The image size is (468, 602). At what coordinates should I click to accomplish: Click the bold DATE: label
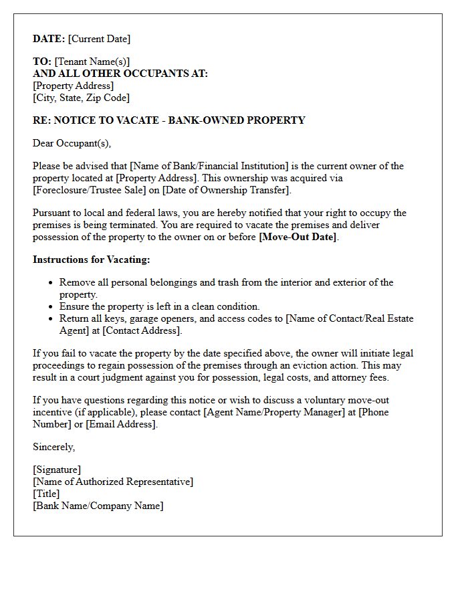point(49,39)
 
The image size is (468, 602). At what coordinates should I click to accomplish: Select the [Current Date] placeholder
point(99,39)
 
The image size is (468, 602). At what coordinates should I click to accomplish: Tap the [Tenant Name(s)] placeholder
point(92,62)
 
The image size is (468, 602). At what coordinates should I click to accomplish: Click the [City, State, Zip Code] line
point(81,98)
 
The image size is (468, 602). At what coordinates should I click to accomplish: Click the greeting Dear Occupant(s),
point(72,143)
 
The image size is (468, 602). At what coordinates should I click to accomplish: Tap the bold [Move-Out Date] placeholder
point(298,237)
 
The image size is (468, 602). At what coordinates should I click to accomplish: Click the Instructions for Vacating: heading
point(92,260)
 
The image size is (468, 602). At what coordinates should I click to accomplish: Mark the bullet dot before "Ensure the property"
point(51,307)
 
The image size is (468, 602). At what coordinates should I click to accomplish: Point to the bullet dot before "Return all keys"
point(51,319)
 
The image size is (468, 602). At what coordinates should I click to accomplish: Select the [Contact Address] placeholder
point(142,330)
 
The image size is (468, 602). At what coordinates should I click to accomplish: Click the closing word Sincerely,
point(54,447)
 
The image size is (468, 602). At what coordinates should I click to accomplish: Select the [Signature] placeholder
point(57,470)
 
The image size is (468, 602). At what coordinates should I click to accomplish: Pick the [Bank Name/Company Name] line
point(98,506)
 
